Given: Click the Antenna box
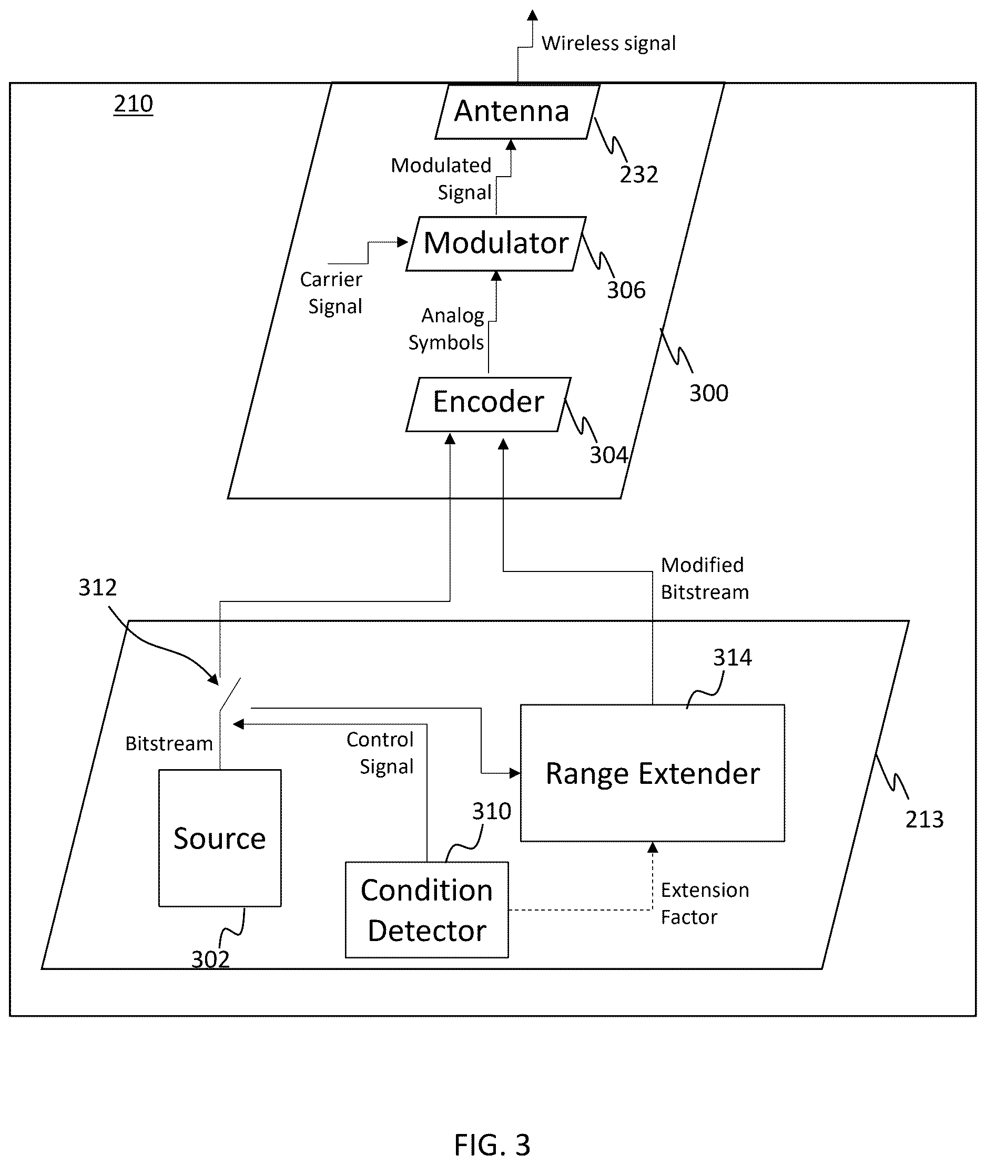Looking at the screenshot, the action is (517, 111).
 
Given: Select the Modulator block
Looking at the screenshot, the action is (496, 243).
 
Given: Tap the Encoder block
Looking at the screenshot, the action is (489, 404).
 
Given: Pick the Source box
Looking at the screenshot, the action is (220, 838).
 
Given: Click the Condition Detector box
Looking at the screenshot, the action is (426, 910).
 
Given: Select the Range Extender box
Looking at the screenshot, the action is (652, 773).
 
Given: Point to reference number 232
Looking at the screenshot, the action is (638, 175).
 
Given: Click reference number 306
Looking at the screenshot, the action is (626, 290).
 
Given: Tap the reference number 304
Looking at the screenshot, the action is (608, 455).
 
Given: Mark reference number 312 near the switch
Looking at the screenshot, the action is (97, 587).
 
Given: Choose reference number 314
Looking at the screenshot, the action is (732, 658).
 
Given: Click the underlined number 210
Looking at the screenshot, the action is (133, 104).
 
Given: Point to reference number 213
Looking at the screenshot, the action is (924, 820).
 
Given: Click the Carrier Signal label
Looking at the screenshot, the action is (331, 293).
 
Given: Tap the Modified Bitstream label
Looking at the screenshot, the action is (705, 578).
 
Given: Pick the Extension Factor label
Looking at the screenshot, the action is (705, 904).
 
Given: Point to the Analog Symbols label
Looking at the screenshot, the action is (446, 329).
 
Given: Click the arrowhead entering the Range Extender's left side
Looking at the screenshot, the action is (515, 773).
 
